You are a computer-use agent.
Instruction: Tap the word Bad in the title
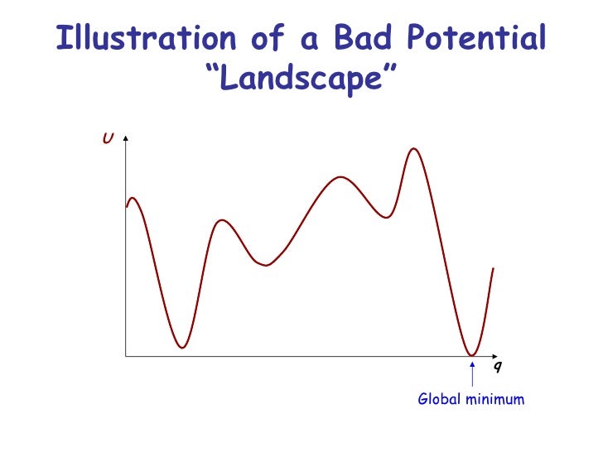click(x=359, y=39)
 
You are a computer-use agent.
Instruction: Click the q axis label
click(x=496, y=365)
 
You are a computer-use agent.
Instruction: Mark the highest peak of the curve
click(x=413, y=149)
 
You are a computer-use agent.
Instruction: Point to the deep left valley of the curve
click(x=182, y=347)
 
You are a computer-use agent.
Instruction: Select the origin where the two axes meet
click(x=125, y=357)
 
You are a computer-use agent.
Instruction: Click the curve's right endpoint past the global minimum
click(x=494, y=268)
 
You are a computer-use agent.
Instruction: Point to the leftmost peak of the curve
click(x=133, y=198)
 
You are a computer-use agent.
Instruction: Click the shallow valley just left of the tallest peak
click(x=386, y=218)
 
